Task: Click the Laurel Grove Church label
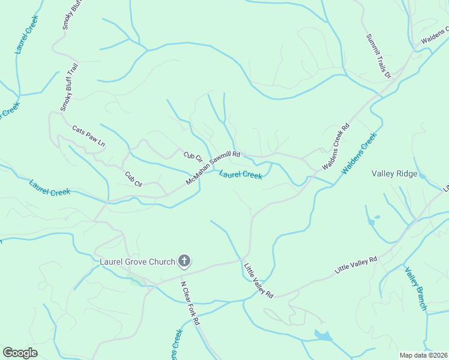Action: pyautogui.click(x=137, y=262)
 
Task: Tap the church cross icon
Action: pyautogui.click(x=184, y=261)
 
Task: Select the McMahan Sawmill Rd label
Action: pyautogui.click(x=213, y=167)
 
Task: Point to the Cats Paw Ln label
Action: pyautogui.click(x=88, y=136)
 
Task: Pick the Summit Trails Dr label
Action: pyautogui.click(x=379, y=56)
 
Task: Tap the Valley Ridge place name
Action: pyautogui.click(x=394, y=173)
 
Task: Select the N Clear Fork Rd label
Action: pyautogui.click(x=190, y=303)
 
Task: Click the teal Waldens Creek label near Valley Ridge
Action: pyautogui.click(x=359, y=153)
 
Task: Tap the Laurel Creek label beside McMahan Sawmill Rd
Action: pyautogui.click(x=241, y=175)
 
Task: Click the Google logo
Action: pyautogui.click(x=20, y=353)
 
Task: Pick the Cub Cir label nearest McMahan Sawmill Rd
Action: pyautogui.click(x=193, y=156)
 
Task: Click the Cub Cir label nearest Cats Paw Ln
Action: pyautogui.click(x=133, y=179)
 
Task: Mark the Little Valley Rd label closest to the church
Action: pyautogui.click(x=259, y=280)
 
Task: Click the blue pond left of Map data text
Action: pyautogui.click(x=324, y=335)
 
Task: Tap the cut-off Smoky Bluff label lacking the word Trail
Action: pyautogui.click(x=66, y=15)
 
